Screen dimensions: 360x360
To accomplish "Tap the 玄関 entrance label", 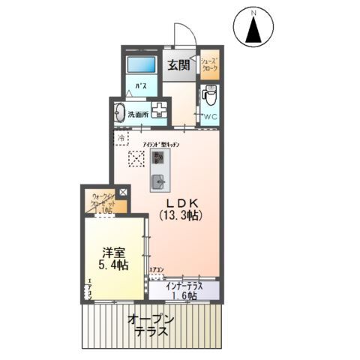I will (178, 64).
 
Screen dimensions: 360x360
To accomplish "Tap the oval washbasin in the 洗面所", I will (119, 112).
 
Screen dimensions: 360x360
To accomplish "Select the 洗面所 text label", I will (137, 115).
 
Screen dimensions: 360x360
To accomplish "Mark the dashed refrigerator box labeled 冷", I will (121, 139).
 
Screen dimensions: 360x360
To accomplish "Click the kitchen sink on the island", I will (160, 181).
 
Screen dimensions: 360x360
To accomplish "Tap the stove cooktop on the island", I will (159, 157).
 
